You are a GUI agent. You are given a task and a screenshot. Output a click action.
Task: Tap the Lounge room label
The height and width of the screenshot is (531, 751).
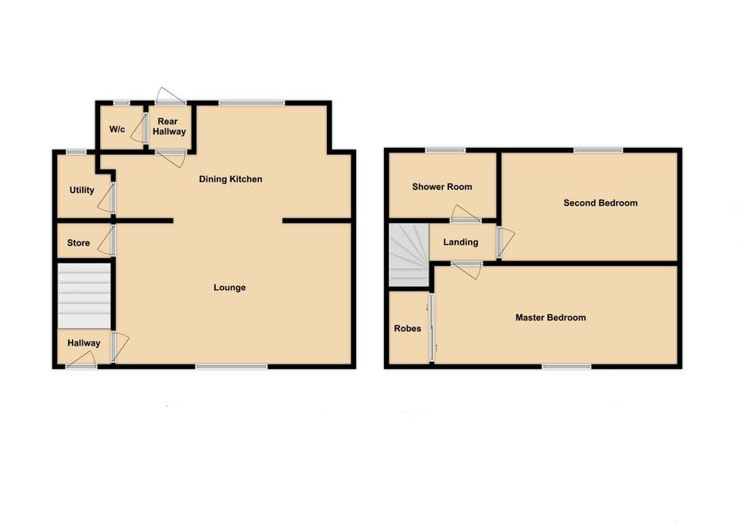click(229, 288)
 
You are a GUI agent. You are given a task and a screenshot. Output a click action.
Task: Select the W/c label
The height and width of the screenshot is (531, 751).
click(117, 129)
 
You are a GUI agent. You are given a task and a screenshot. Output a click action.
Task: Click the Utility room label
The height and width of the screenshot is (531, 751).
click(81, 190)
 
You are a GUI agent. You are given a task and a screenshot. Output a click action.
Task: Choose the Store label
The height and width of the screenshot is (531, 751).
click(78, 243)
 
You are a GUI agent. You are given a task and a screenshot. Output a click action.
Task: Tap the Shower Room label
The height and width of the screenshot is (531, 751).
click(442, 187)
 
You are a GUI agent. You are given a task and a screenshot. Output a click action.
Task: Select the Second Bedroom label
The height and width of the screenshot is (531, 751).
click(600, 203)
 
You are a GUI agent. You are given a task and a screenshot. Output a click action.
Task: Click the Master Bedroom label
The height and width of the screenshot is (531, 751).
click(550, 318)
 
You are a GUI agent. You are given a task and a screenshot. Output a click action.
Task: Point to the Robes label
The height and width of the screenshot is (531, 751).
click(407, 328)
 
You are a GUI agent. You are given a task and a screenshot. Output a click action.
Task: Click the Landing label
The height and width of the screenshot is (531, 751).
click(460, 242)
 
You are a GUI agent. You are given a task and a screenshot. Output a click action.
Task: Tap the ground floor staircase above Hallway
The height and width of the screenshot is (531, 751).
click(83, 296)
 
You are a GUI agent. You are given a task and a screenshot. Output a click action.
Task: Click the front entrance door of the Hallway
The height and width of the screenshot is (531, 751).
click(81, 361)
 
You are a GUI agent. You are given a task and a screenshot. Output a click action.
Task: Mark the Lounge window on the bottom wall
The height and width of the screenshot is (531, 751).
click(230, 366)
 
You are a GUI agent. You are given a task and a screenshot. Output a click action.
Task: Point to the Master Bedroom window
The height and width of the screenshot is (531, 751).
click(567, 366)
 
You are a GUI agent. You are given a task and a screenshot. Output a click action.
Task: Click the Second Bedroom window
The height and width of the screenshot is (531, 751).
click(598, 149)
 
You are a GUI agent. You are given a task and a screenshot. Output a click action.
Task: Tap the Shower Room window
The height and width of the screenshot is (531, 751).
click(445, 149)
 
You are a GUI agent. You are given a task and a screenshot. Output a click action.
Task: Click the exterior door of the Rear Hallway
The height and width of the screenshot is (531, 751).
click(171, 98)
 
